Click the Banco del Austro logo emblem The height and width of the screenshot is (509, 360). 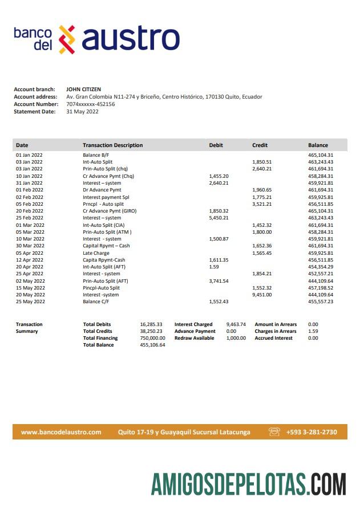coord(67,39)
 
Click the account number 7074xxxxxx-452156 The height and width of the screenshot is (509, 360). coord(91,104)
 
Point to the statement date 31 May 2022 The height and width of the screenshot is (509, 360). coord(82,112)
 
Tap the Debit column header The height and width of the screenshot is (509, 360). coord(216,145)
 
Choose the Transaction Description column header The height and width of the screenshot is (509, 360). coord(112,145)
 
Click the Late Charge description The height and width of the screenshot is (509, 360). coord(95,253)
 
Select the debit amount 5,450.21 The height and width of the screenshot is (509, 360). coord(219,218)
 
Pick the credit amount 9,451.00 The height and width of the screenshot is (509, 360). coord(262,295)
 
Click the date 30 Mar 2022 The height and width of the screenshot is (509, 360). coord(29,246)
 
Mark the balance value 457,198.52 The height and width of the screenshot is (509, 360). coord(321,288)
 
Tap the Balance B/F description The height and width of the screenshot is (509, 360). coord(96,155)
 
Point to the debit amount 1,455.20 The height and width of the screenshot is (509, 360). coord(219,176)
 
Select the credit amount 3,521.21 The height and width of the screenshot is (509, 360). coord(262,204)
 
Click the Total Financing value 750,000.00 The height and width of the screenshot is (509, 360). coord(152,338)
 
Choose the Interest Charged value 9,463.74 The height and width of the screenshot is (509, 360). coord(236,324)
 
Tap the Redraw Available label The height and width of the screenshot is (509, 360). coord(194,338)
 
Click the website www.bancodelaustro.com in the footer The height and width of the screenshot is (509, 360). coord(61,432)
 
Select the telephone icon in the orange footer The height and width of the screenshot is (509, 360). coord(274,432)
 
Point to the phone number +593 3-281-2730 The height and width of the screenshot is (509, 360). coord(312,432)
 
